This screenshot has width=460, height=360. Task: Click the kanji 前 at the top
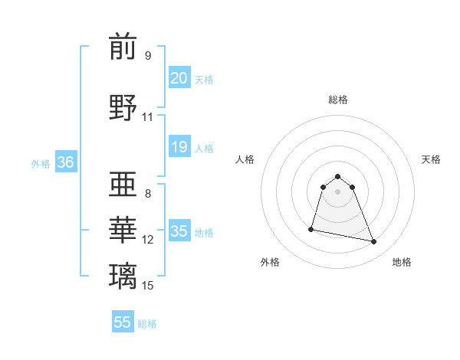click(123, 47)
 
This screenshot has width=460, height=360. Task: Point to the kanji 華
click(123, 230)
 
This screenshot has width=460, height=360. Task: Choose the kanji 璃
click(123, 275)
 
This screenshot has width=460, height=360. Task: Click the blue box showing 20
click(179, 77)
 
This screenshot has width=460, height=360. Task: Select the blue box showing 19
click(179, 147)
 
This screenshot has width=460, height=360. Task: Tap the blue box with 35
click(179, 231)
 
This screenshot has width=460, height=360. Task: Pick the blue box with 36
click(65, 162)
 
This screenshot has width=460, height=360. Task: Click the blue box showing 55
click(123, 322)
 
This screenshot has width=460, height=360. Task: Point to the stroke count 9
click(148, 56)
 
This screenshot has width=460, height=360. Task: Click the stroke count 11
click(148, 117)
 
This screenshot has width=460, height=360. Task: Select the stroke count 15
click(148, 286)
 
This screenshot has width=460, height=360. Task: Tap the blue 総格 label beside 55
click(147, 324)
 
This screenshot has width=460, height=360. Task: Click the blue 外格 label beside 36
click(41, 163)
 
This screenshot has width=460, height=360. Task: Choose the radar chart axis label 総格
click(337, 100)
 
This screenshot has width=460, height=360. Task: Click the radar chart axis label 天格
click(431, 159)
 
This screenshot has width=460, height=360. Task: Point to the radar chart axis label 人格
click(245, 159)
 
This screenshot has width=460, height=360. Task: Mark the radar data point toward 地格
click(374, 242)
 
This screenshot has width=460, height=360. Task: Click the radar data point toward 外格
click(311, 228)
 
